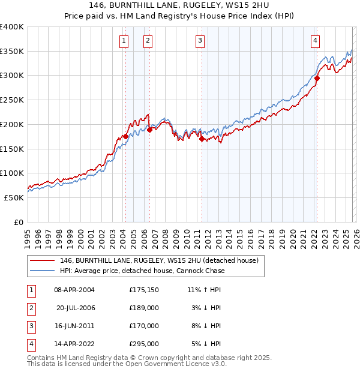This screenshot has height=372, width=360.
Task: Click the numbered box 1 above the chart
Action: [123, 41]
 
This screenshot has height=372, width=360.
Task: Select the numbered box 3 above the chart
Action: [200, 41]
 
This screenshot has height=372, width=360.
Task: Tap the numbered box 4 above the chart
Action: [315, 41]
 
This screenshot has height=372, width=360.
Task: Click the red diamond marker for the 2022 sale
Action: [317, 77]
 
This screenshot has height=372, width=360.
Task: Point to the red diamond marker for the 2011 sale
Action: [202, 139]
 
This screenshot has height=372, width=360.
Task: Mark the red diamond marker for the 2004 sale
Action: [125, 136]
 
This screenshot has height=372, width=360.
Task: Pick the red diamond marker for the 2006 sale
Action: [149, 130]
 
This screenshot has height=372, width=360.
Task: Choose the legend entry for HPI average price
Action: [142, 271]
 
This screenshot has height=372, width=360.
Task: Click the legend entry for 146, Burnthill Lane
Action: [158, 260]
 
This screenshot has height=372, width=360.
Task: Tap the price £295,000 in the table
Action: [143, 344]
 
